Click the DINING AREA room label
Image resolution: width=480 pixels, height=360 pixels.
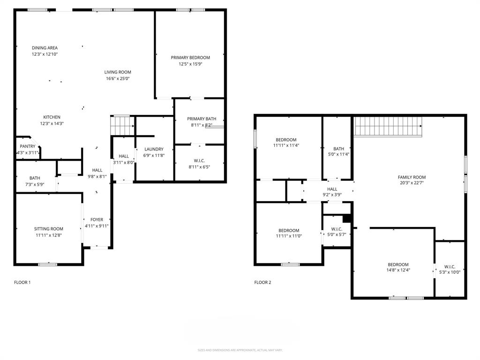click(45, 48)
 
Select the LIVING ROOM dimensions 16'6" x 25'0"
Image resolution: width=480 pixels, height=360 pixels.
click(117, 79)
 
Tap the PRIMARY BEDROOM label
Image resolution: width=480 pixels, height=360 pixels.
click(190, 58)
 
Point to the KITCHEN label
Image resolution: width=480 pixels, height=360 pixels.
click(52, 117)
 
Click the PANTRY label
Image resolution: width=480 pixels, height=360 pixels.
click(27, 146)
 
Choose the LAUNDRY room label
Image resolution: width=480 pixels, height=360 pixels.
click(153, 149)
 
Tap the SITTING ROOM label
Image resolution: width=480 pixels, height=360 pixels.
click(48, 229)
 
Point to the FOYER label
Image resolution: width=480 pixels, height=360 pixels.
click(97, 219)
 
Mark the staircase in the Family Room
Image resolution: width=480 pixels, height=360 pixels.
click(388, 126)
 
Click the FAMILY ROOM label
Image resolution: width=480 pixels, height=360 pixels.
click(412, 177)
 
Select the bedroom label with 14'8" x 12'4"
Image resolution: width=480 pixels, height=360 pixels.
click(398, 264)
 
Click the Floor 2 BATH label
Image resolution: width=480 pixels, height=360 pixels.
click(338, 149)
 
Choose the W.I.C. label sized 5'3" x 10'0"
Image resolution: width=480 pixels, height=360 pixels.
click(450, 266)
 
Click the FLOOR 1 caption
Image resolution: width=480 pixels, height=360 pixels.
click(22, 283)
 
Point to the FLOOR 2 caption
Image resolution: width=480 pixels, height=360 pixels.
click(262, 283)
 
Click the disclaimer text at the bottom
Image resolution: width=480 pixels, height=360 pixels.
click(240, 350)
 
